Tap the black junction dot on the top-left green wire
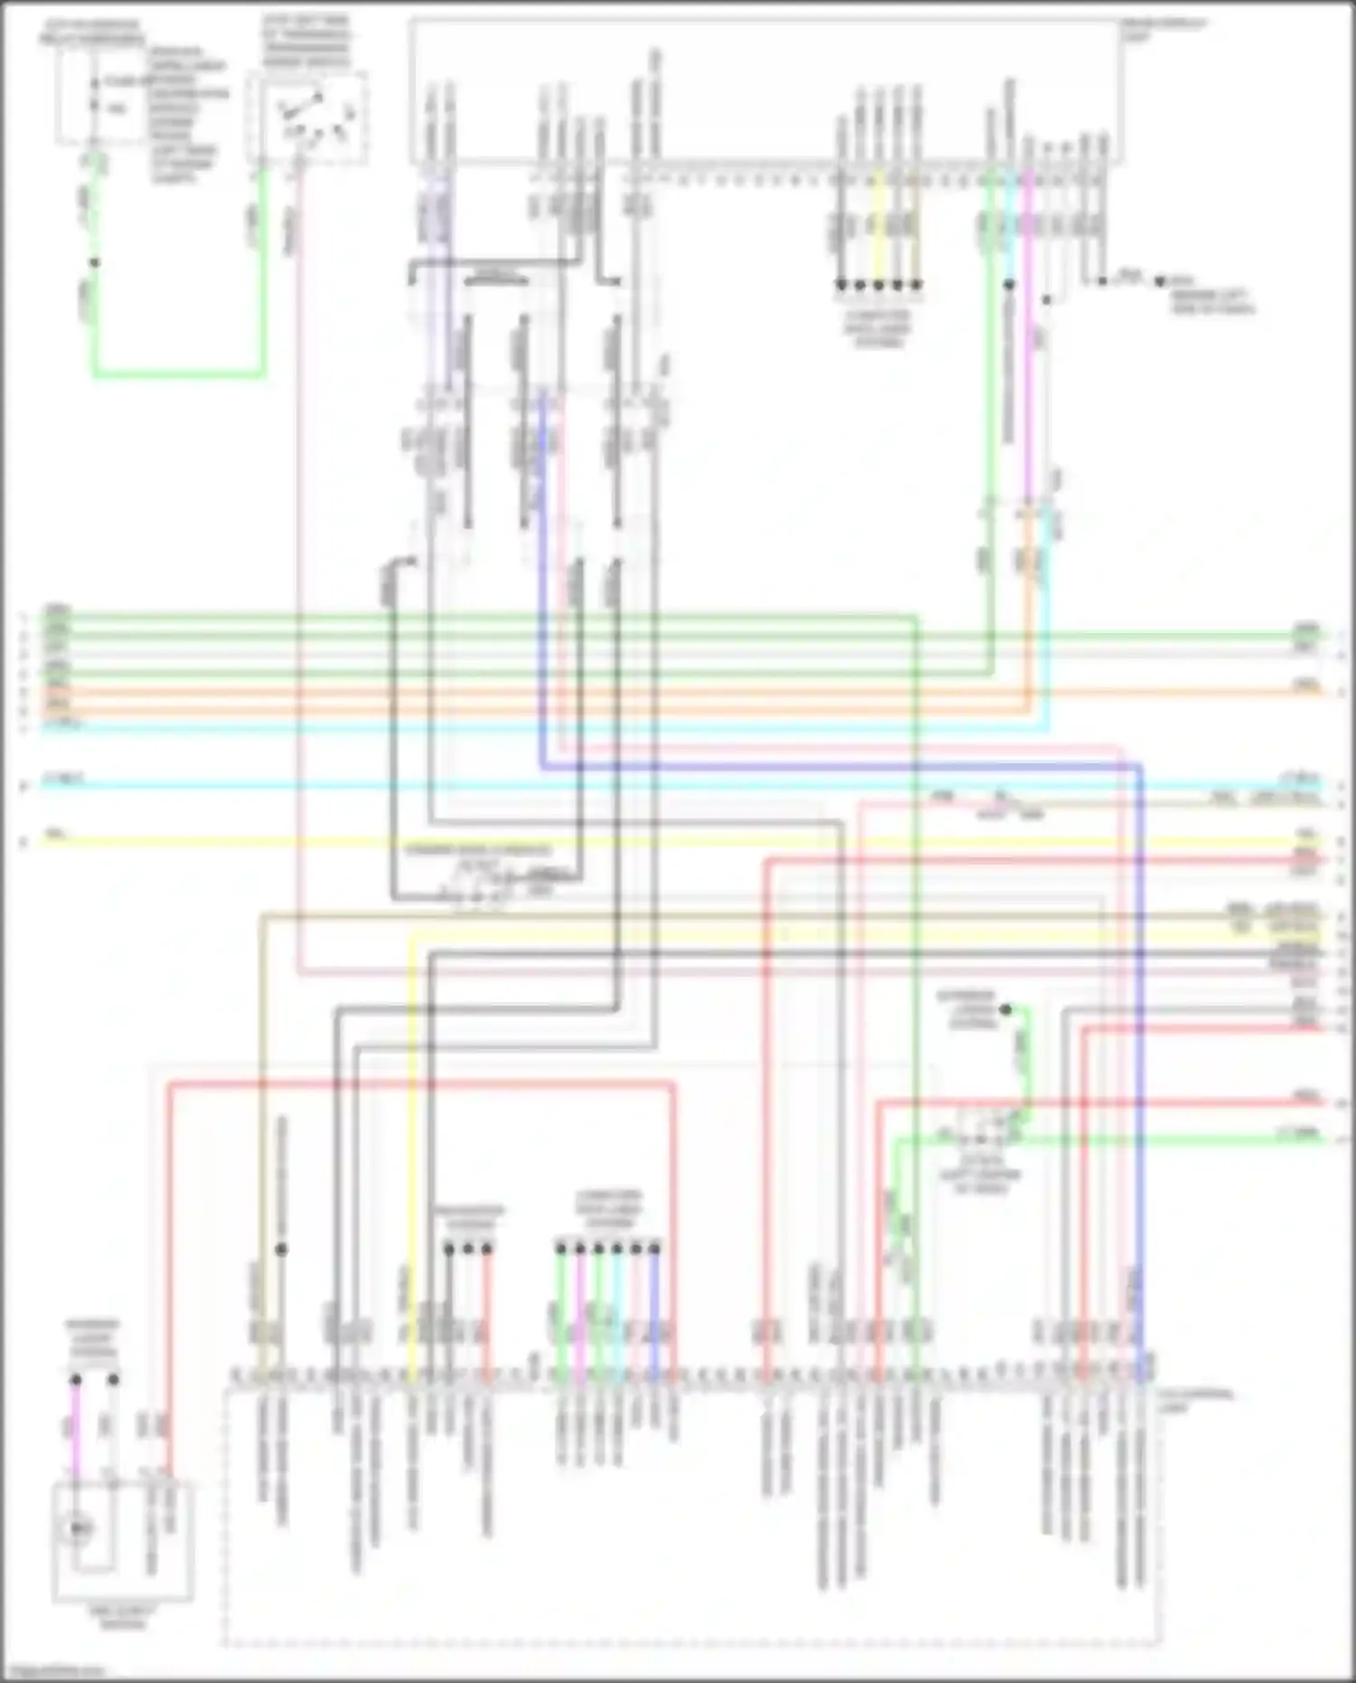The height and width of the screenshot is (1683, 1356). [94, 263]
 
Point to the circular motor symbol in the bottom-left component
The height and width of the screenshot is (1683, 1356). [79, 1529]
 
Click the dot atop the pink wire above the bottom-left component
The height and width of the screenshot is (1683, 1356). [76, 1380]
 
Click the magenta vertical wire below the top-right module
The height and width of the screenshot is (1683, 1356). [1028, 362]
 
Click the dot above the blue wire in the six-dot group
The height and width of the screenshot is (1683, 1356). [654, 1249]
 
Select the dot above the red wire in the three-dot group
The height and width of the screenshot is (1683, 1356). [487, 1249]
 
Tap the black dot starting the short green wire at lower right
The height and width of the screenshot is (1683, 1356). [1006, 1008]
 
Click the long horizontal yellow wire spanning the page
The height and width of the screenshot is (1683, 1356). [633, 843]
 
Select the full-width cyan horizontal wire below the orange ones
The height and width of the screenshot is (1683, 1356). [633, 783]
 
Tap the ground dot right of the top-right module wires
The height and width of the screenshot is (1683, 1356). [1161, 281]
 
